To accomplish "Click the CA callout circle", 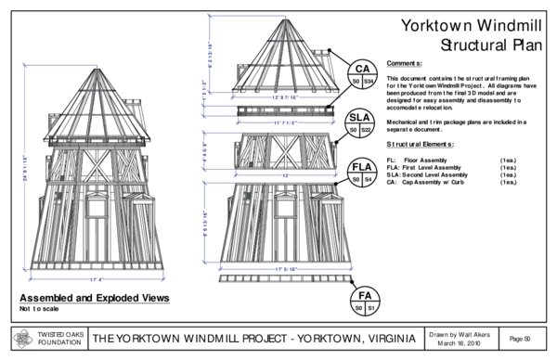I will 361,75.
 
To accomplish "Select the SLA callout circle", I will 361,124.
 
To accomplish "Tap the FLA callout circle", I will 361,173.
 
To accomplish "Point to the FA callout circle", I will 361,300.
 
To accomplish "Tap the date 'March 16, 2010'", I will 458,342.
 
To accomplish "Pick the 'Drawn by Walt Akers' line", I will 458,331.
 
